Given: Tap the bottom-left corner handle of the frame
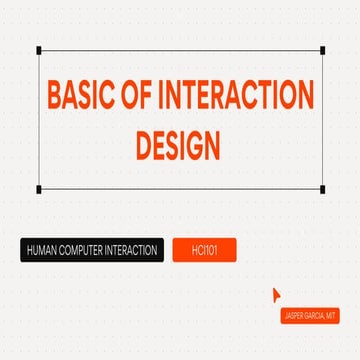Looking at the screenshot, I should tap(39, 189).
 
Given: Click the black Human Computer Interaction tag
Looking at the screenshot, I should tap(91, 250).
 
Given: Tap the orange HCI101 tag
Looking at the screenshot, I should tap(204, 250).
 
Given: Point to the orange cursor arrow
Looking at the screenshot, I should tap(277, 294).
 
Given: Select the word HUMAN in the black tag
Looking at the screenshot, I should tap(44, 250).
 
